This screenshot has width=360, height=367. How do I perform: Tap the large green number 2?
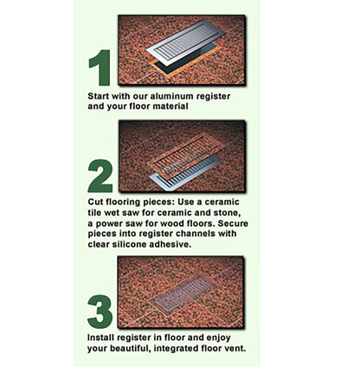click(100, 177)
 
